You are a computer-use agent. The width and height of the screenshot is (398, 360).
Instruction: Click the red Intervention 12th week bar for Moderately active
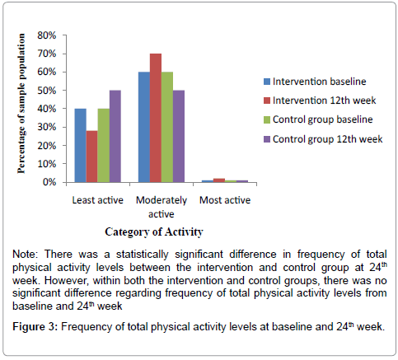pos(156,118)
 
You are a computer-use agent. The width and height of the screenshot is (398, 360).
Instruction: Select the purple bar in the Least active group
pos(115,136)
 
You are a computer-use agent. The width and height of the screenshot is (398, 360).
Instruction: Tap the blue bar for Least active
pos(81,146)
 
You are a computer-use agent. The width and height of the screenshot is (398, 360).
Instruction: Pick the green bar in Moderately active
pos(167,127)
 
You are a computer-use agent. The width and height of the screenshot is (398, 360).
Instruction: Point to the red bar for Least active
pos(92,157)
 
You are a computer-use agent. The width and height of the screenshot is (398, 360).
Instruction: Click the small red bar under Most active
pos(219,180)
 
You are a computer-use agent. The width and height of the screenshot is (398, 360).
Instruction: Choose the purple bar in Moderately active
pos(179,136)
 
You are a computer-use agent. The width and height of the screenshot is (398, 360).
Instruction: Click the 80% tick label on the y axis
pos(47,35)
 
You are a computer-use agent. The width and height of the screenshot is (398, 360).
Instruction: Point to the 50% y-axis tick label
pos(47,91)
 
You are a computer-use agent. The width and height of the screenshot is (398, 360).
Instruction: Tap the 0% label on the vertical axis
pos(49,182)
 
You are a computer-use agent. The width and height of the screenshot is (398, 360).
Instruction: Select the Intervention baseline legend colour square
pos(267,82)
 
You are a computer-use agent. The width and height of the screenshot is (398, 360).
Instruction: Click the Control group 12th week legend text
pos(327,139)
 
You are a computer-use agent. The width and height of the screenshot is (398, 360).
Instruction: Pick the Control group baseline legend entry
pos(318,119)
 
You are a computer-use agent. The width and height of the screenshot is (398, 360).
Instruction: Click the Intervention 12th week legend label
pos(324,101)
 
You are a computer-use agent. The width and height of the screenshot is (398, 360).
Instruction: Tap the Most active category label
pos(225,200)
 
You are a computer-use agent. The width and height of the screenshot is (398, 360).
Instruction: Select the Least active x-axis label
pos(97,200)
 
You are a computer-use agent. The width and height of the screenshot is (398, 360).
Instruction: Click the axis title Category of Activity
pos(154,232)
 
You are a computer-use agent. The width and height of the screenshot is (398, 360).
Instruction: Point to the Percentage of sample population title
pos(21,104)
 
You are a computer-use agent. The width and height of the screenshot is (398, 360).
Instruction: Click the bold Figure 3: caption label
pos(35,327)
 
